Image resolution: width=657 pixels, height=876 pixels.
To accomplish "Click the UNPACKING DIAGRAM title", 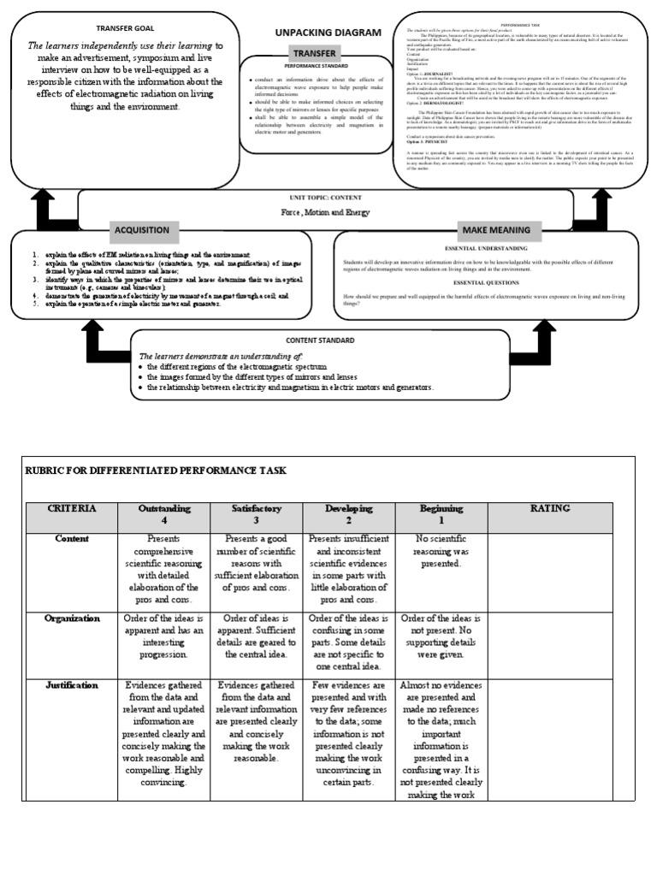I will point(328,33).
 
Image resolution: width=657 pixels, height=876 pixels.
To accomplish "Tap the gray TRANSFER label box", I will point(315,54).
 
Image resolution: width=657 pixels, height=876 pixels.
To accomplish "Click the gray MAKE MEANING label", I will point(496,230).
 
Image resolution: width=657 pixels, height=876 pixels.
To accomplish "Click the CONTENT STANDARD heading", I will point(320,340).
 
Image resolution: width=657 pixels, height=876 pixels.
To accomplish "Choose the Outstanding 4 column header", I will point(164,514).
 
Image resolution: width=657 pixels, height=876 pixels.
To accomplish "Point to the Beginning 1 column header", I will point(442,514).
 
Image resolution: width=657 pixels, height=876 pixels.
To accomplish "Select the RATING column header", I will point(550,508).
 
